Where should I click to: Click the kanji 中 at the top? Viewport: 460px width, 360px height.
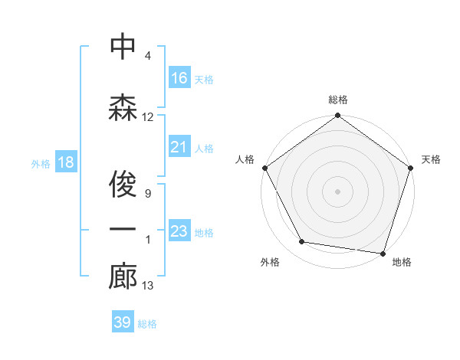[123, 47]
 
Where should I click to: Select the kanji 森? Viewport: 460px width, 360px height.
[123, 106]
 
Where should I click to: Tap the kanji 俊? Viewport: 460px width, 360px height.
[123, 180]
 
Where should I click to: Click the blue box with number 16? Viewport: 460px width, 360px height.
[179, 77]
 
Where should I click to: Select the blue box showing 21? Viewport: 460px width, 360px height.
[179, 146]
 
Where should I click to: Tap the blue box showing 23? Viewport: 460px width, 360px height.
[179, 231]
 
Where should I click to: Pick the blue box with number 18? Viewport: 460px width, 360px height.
[65, 162]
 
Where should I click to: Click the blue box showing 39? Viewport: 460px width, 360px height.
[123, 322]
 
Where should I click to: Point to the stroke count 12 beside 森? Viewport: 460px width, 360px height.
[148, 117]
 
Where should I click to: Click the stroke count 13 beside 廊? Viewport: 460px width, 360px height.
[148, 286]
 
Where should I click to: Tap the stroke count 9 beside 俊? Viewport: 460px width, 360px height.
[147, 194]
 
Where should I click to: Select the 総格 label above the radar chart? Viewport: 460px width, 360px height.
[337, 100]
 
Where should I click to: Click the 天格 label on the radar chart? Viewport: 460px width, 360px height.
[431, 159]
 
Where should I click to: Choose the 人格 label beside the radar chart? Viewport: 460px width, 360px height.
[245, 159]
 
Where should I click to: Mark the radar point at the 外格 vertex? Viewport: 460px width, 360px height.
[302, 242]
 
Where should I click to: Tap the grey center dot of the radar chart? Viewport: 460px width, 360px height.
[337, 191]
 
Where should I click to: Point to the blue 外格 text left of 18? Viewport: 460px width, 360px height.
[41, 163]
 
